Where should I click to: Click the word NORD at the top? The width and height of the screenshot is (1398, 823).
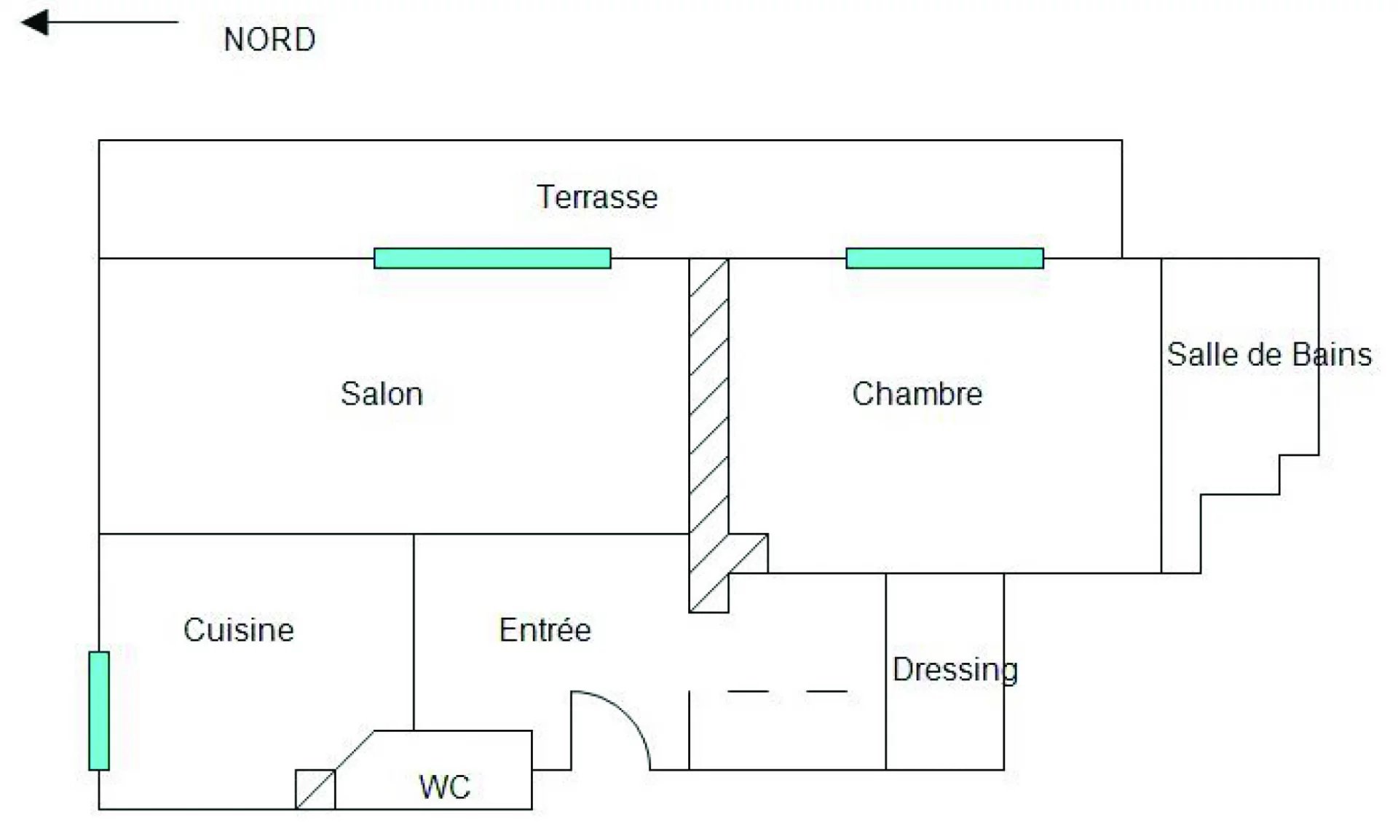269,39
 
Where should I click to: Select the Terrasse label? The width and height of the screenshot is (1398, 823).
597,197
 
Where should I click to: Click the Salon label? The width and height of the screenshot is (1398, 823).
382,394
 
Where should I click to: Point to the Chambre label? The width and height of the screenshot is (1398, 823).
917,394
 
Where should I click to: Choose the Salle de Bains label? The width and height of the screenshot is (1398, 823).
1268,355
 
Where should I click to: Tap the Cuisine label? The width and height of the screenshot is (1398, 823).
239,630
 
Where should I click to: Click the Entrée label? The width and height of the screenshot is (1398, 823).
545,630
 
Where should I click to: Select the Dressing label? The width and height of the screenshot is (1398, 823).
955,670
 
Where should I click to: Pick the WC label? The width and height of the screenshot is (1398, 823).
444,787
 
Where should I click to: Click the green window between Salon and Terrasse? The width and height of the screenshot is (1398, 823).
492,259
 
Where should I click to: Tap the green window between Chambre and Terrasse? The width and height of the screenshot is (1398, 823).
944,259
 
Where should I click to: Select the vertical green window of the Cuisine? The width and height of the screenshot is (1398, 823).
99,711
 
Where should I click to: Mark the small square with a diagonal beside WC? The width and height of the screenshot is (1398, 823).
315,789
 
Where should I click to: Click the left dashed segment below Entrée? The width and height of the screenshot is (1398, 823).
748,691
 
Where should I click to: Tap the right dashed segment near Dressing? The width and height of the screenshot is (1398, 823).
826,691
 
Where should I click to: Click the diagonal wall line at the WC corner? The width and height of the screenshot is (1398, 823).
355,750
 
